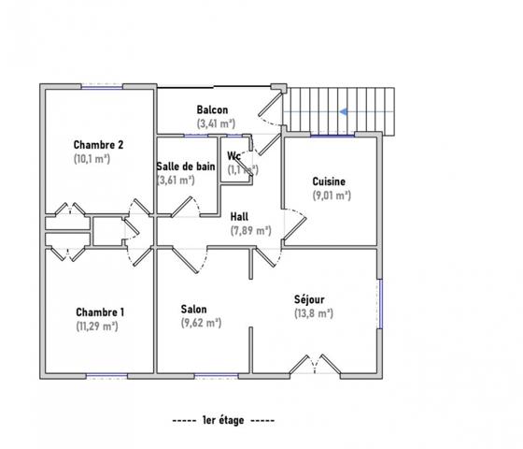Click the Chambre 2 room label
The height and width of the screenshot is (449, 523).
pyautogui.click(x=98, y=145)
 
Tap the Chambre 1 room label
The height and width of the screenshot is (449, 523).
pyautogui.click(x=98, y=312)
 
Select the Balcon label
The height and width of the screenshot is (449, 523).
pyautogui.click(x=212, y=110)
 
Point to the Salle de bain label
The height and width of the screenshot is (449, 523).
pyautogui.click(x=186, y=167)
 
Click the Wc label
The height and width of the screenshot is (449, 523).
pyautogui.click(x=235, y=156)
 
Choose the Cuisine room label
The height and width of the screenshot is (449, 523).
pyautogui.click(x=330, y=181)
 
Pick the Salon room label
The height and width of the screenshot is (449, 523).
pyautogui.click(x=194, y=309)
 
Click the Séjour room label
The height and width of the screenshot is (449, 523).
pyautogui.click(x=309, y=300)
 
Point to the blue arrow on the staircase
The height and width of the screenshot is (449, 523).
pyautogui.click(x=345, y=110)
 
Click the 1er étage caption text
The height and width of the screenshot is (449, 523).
pyautogui.click(x=224, y=421)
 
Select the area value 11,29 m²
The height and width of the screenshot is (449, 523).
pyautogui.click(x=96, y=326)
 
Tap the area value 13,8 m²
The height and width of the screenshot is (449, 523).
pyautogui.click(x=313, y=314)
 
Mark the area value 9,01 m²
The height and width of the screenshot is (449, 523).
pyautogui.click(x=332, y=196)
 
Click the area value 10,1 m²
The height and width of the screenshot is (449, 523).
pyautogui.click(x=92, y=159)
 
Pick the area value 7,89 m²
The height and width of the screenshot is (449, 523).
pyautogui.click(x=250, y=230)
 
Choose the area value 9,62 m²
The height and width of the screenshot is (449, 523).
pyautogui.click(x=200, y=323)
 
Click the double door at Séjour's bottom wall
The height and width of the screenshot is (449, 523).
pyautogui.click(x=311, y=364)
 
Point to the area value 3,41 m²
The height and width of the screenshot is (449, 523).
pyautogui.click(x=215, y=123)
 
